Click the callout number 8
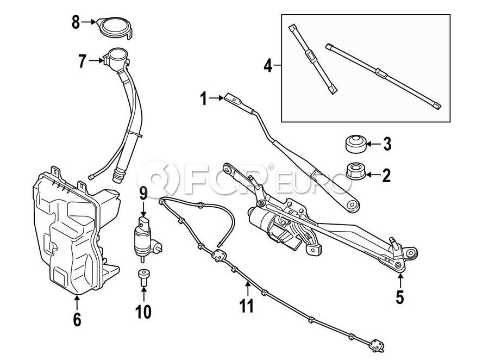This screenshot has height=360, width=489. pyautogui.click(x=76, y=23)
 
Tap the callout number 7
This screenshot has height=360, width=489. pyautogui.click(x=82, y=61)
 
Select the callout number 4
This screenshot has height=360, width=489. pyautogui.click(x=267, y=66)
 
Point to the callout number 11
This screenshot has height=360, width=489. pyautogui.click(x=247, y=306)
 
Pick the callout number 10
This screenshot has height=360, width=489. pyautogui.click(x=144, y=311)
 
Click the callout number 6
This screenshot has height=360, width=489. pyautogui.click(x=77, y=319)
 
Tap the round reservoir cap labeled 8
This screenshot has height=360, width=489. pyautogui.click(x=114, y=27)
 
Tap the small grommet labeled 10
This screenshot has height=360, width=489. pyautogui.click(x=143, y=277)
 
